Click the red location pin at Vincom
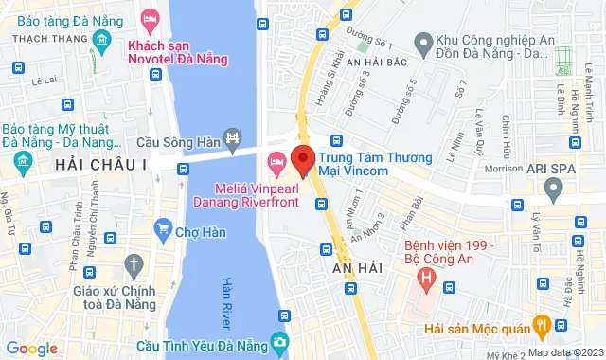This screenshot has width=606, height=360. pyautogui.click(x=301, y=159)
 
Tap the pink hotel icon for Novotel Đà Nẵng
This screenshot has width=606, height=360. pyautogui.click(x=150, y=18)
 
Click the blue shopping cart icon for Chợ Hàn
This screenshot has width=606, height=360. pyautogui.click(x=164, y=227)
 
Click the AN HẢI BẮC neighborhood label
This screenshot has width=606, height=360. pyautogui.click(x=378, y=62)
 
